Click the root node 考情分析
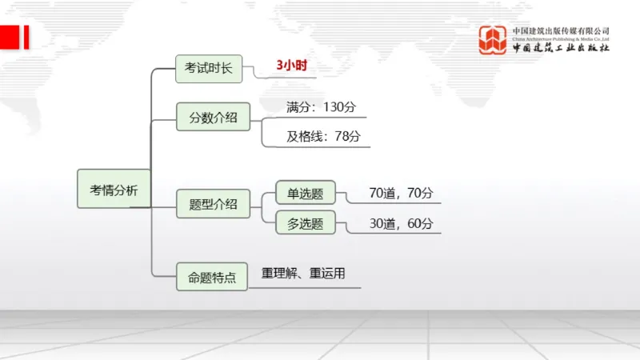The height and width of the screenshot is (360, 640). coord(114,190)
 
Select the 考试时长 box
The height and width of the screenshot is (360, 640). coord(209,69)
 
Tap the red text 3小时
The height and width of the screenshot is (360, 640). coord(291,66)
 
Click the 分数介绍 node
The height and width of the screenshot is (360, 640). coord(213,118)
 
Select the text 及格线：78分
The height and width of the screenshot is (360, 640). coord(323,136)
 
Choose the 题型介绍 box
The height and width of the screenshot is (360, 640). coord(213,204)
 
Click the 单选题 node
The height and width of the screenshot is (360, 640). coord(305,194)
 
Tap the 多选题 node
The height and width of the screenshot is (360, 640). coord(305,224)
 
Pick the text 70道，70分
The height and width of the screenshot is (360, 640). coord(401,193)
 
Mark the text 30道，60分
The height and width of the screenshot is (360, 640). coord(401,224)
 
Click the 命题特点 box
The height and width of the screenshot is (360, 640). coord(212,278)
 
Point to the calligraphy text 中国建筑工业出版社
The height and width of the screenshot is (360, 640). coord(561,48)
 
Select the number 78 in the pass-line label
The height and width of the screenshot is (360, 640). coord(342,136)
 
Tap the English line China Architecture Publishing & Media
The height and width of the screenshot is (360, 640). coord(561,38)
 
